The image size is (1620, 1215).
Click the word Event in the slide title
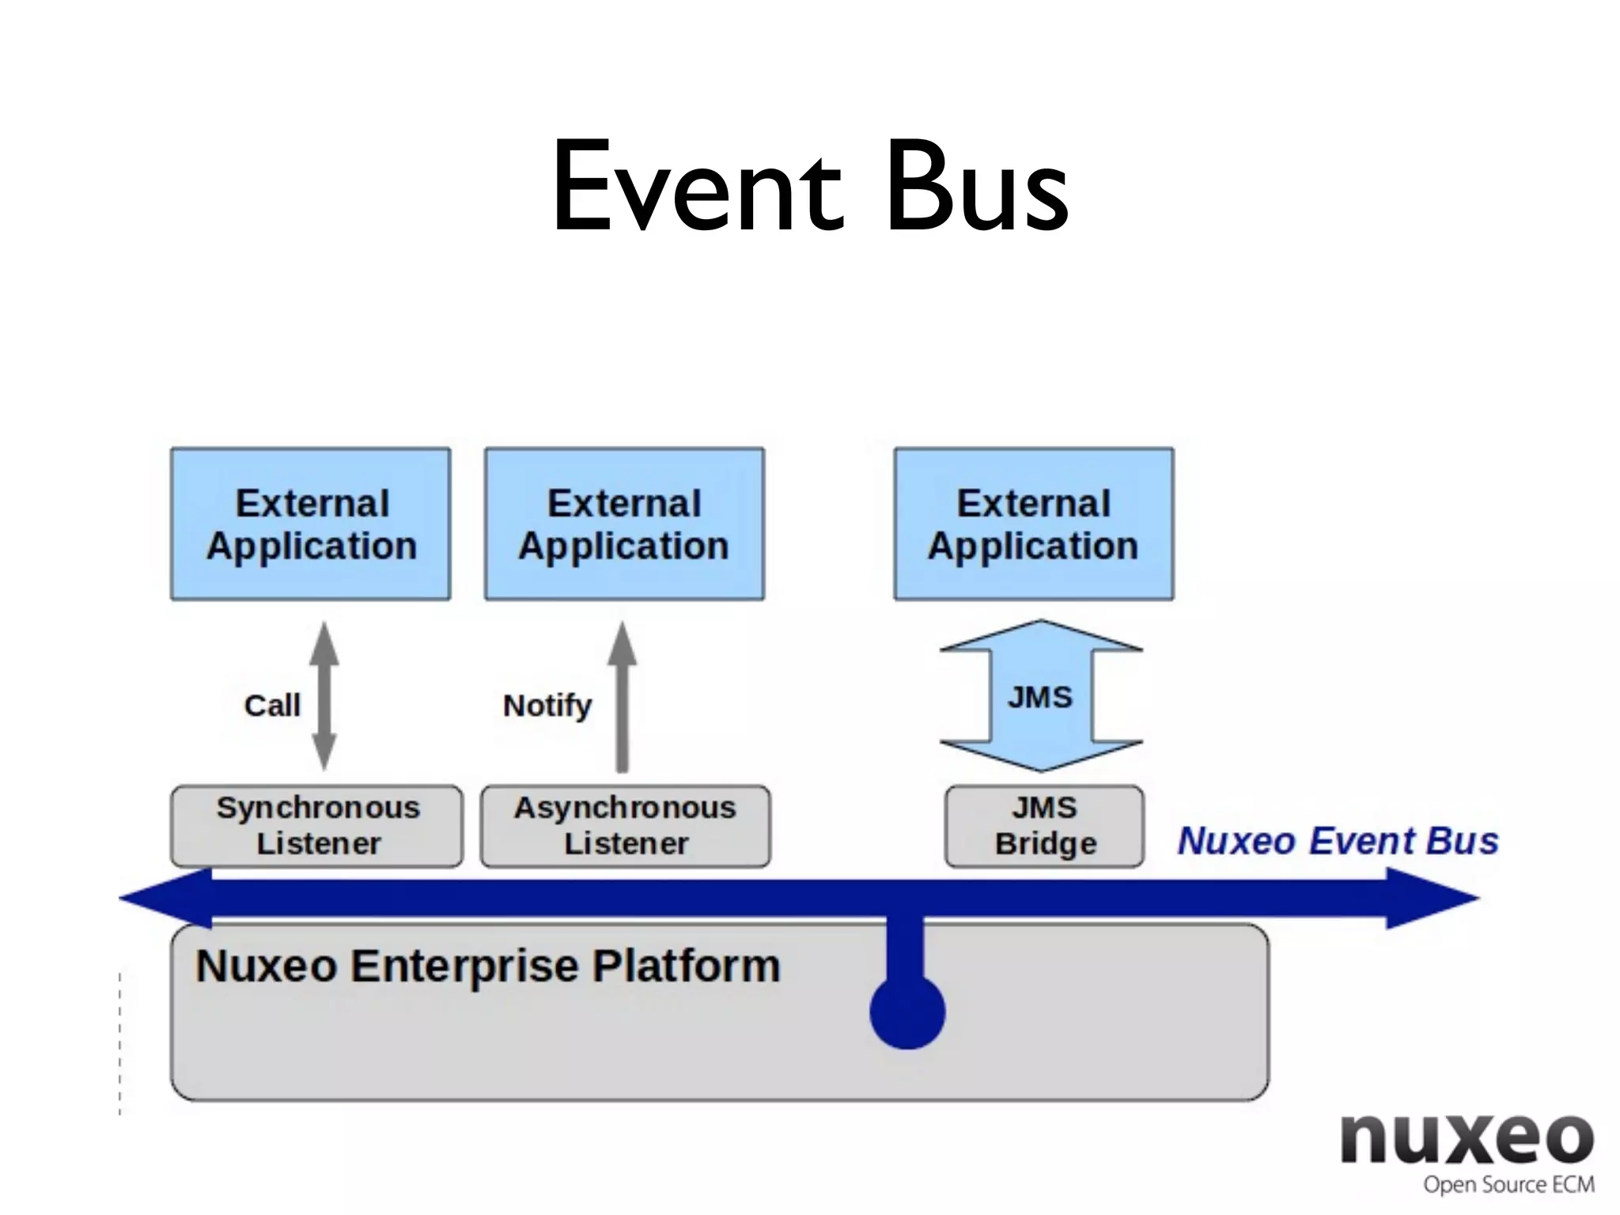(x=696, y=187)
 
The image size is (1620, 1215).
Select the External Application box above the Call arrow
(x=311, y=524)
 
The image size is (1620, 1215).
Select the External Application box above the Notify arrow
(x=624, y=524)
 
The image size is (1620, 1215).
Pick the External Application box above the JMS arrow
(x=1034, y=524)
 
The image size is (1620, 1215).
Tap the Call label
(x=272, y=705)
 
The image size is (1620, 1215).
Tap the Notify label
(x=547, y=705)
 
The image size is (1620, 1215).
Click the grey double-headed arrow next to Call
(x=324, y=696)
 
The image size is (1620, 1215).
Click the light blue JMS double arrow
(x=1041, y=696)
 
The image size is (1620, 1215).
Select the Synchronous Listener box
(x=317, y=826)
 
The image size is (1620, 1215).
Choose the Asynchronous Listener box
(x=625, y=826)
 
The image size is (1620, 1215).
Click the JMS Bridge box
(x=1044, y=826)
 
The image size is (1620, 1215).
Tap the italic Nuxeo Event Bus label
(x=1338, y=841)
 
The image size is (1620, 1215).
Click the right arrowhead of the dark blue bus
(x=1432, y=899)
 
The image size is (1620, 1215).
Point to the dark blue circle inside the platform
(x=907, y=1012)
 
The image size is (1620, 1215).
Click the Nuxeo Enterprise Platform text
(x=488, y=966)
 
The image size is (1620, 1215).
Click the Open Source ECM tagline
(x=1508, y=1185)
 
